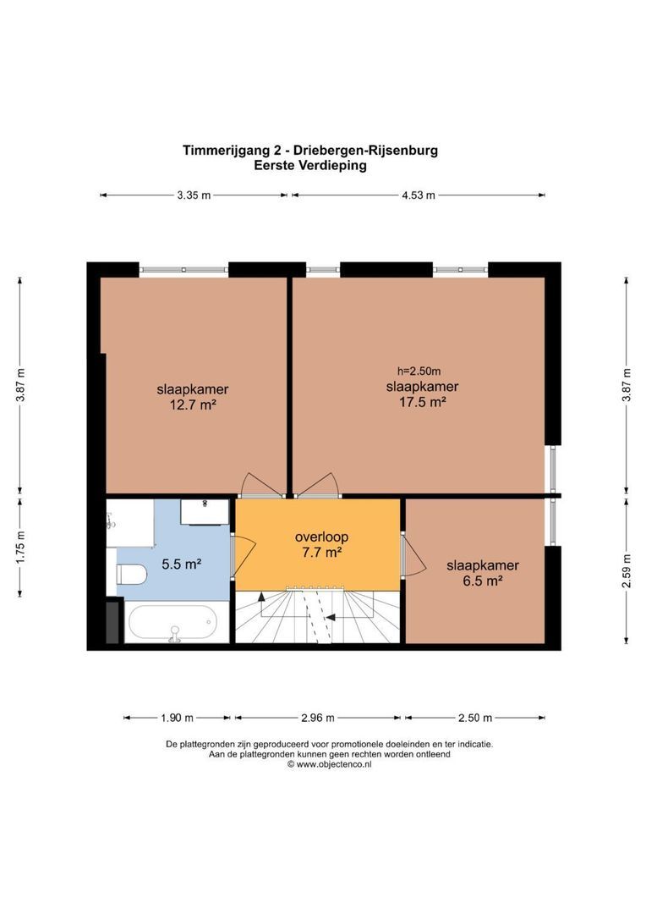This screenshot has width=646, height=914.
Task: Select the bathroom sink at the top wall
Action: pyautogui.click(x=206, y=510)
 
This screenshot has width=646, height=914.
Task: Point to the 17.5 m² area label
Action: pyautogui.click(x=422, y=402)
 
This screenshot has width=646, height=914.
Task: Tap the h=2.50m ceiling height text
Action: pyautogui.click(x=419, y=371)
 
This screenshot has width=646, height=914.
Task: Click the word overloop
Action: pyautogui.click(x=321, y=537)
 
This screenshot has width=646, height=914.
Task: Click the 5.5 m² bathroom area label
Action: pyautogui.click(x=182, y=563)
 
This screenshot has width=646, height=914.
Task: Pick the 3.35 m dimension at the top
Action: pyautogui.click(x=194, y=195)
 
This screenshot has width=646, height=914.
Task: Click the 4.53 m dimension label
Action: pyautogui.click(x=418, y=195)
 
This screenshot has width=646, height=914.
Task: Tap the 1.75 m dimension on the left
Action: pyautogui.click(x=21, y=547)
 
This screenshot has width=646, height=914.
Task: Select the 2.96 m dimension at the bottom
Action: pyautogui.click(x=319, y=718)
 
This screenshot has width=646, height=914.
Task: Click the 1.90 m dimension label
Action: pyautogui.click(x=177, y=718)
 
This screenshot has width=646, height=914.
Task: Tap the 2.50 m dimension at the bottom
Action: pyautogui.click(x=474, y=718)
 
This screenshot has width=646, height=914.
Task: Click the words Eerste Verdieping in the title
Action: pyautogui.click(x=310, y=166)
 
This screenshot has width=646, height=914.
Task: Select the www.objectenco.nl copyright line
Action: pyautogui.click(x=329, y=763)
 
